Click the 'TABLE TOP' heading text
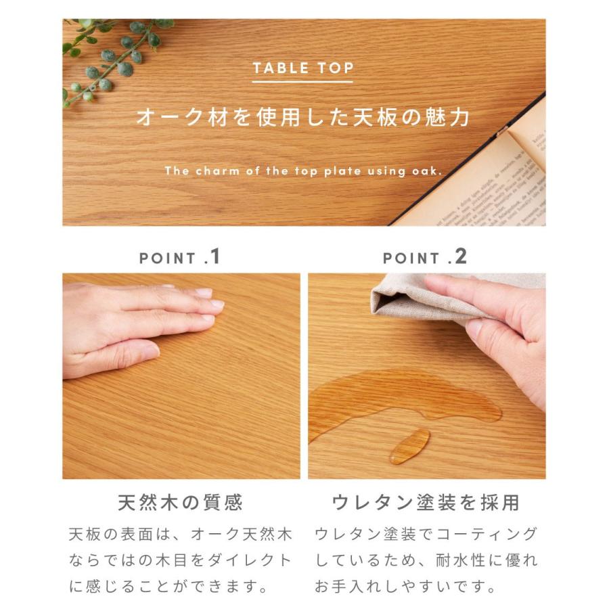point(303,68)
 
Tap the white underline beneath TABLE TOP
point(303,83)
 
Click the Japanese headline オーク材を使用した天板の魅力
point(303,117)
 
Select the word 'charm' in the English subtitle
point(217,171)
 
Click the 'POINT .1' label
point(180,257)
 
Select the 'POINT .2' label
point(425,257)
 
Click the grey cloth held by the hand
point(413,298)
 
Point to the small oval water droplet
point(409,446)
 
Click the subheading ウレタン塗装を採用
point(426,503)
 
